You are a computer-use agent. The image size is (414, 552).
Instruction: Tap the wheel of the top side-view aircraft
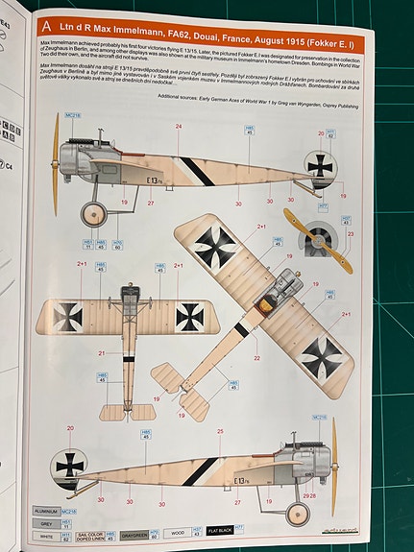click(x=95, y=212)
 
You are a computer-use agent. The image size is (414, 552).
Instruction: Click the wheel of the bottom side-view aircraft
click(x=297, y=513)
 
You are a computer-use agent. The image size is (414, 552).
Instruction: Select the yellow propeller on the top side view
click(x=55, y=164)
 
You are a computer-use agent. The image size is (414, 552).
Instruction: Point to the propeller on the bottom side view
click(x=333, y=467)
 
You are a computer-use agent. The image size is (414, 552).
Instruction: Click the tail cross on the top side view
click(x=321, y=165)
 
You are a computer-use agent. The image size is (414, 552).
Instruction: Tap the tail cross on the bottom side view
click(x=69, y=466)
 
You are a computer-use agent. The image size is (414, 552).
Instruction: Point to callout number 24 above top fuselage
click(x=178, y=127)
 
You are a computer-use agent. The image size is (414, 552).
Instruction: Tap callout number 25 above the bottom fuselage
click(x=220, y=433)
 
